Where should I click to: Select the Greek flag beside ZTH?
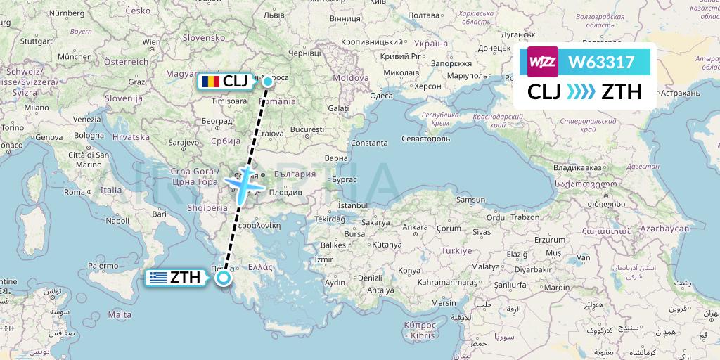click(157, 278)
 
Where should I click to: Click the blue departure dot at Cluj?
click(268, 82)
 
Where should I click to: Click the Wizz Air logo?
click(543, 62)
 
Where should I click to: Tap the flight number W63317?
click(602, 62)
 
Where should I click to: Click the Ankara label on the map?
click(415, 227)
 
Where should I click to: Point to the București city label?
click(307, 130)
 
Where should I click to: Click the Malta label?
click(121, 314)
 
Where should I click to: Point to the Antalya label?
click(380, 289)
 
